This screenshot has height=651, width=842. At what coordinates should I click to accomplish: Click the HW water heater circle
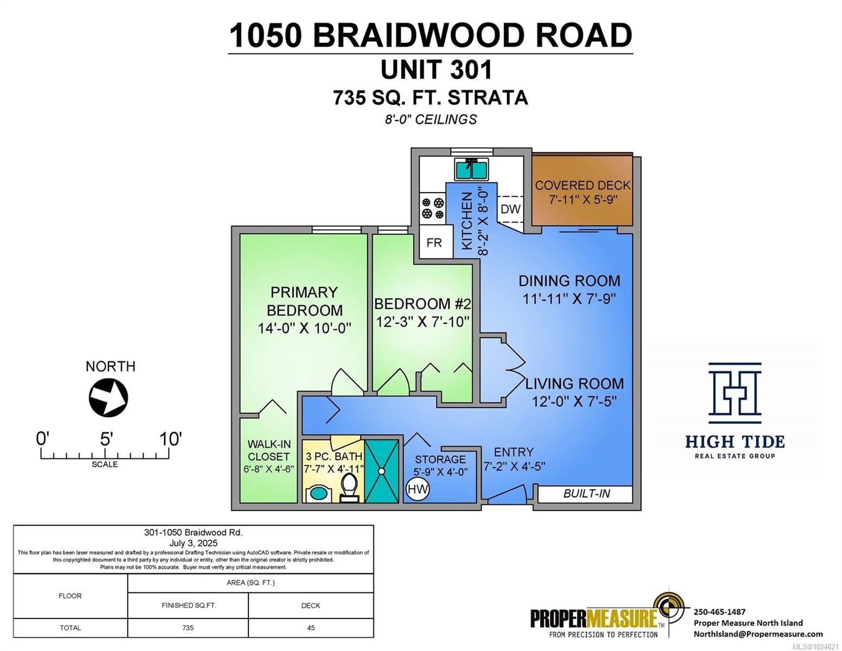[417, 489]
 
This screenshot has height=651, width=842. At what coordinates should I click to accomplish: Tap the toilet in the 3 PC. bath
[349, 484]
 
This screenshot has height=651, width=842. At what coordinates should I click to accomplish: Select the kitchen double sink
[471, 169]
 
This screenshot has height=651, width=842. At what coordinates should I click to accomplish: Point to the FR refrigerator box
[434, 242]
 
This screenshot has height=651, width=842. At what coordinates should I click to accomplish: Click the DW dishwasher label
[510, 209]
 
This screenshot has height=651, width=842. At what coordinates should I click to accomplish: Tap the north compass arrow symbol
[108, 398]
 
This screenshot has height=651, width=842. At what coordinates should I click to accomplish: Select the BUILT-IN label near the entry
[586, 494]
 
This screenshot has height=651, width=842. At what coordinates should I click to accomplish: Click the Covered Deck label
[583, 186]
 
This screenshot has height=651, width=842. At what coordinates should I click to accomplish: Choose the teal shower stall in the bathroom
[381, 470]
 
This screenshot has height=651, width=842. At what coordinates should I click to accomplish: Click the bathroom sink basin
[317, 494]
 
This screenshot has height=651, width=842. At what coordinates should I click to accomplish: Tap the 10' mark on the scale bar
[170, 439]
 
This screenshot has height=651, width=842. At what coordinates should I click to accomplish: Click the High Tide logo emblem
[735, 393]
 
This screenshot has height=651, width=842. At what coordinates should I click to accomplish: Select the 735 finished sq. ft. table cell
[188, 628]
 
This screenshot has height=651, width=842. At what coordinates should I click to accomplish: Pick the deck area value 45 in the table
[311, 628]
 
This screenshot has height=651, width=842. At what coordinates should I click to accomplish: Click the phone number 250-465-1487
[719, 611]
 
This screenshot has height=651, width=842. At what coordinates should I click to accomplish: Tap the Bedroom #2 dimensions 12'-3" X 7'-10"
[422, 322]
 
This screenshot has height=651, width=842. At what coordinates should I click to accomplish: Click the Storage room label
[440, 459]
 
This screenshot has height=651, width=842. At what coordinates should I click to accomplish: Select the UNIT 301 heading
[436, 69]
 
